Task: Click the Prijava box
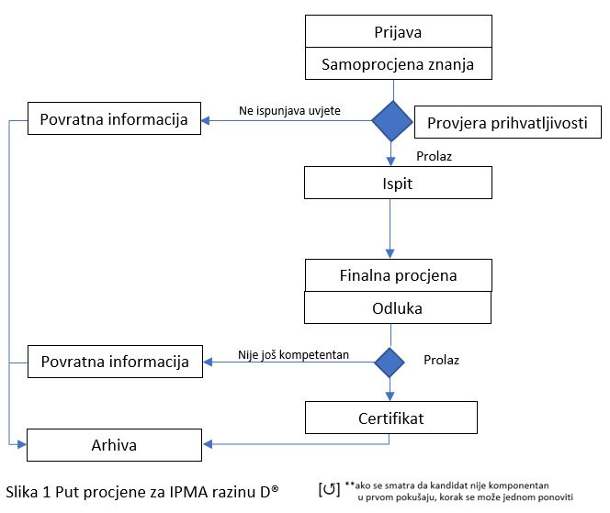click(x=399, y=31)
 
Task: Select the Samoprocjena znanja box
click(x=399, y=63)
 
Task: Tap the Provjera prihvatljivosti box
click(x=508, y=122)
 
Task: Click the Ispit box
click(x=398, y=183)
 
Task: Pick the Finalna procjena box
click(x=399, y=275)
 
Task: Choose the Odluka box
click(x=398, y=307)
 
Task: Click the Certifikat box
click(x=391, y=418)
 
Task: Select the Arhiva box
click(x=114, y=445)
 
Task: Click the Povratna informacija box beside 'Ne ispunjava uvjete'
click(x=114, y=118)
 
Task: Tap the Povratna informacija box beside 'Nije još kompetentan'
click(x=115, y=362)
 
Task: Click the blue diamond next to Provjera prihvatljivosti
click(x=392, y=121)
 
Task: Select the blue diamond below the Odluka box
click(x=390, y=362)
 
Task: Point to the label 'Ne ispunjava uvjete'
click(x=289, y=111)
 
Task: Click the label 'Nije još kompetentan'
click(x=293, y=355)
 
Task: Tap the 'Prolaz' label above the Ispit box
click(x=435, y=156)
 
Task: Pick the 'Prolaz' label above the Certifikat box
click(x=442, y=360)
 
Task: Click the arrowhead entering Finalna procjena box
click(x=390, y=254)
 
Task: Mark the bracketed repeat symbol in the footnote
click(x=329, y=489)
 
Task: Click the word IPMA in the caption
click(x=187, y=493)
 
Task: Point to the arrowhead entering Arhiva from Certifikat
click(x=208, y=444)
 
